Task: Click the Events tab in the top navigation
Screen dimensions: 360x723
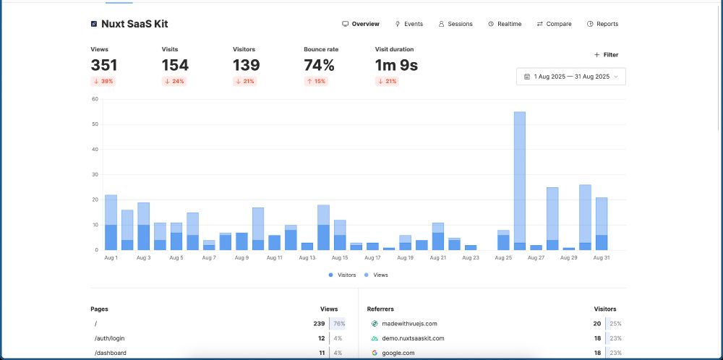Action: (409, 24)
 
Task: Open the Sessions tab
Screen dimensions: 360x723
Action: (455, 24)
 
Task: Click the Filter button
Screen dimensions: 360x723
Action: (606, 54)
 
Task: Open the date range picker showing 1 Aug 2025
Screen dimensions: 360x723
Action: (570, 77)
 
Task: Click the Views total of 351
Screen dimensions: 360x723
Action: (104, 65)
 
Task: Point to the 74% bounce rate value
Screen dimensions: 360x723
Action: (319, 65)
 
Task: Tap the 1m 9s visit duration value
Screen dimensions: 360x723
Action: (396, 65)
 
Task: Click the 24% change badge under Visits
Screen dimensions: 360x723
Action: (174, 82)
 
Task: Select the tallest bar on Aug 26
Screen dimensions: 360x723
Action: (519, 181)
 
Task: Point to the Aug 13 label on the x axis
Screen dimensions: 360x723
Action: (307, 257)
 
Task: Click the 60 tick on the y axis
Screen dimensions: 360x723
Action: (95, 99)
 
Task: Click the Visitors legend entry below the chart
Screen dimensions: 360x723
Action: (343, 275)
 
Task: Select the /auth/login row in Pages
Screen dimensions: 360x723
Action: (110, 338)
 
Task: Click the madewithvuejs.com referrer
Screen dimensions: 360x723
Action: (409, 324)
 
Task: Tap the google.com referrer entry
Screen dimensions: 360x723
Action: (398, 353)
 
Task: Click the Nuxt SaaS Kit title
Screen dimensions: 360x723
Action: (134, 24)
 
